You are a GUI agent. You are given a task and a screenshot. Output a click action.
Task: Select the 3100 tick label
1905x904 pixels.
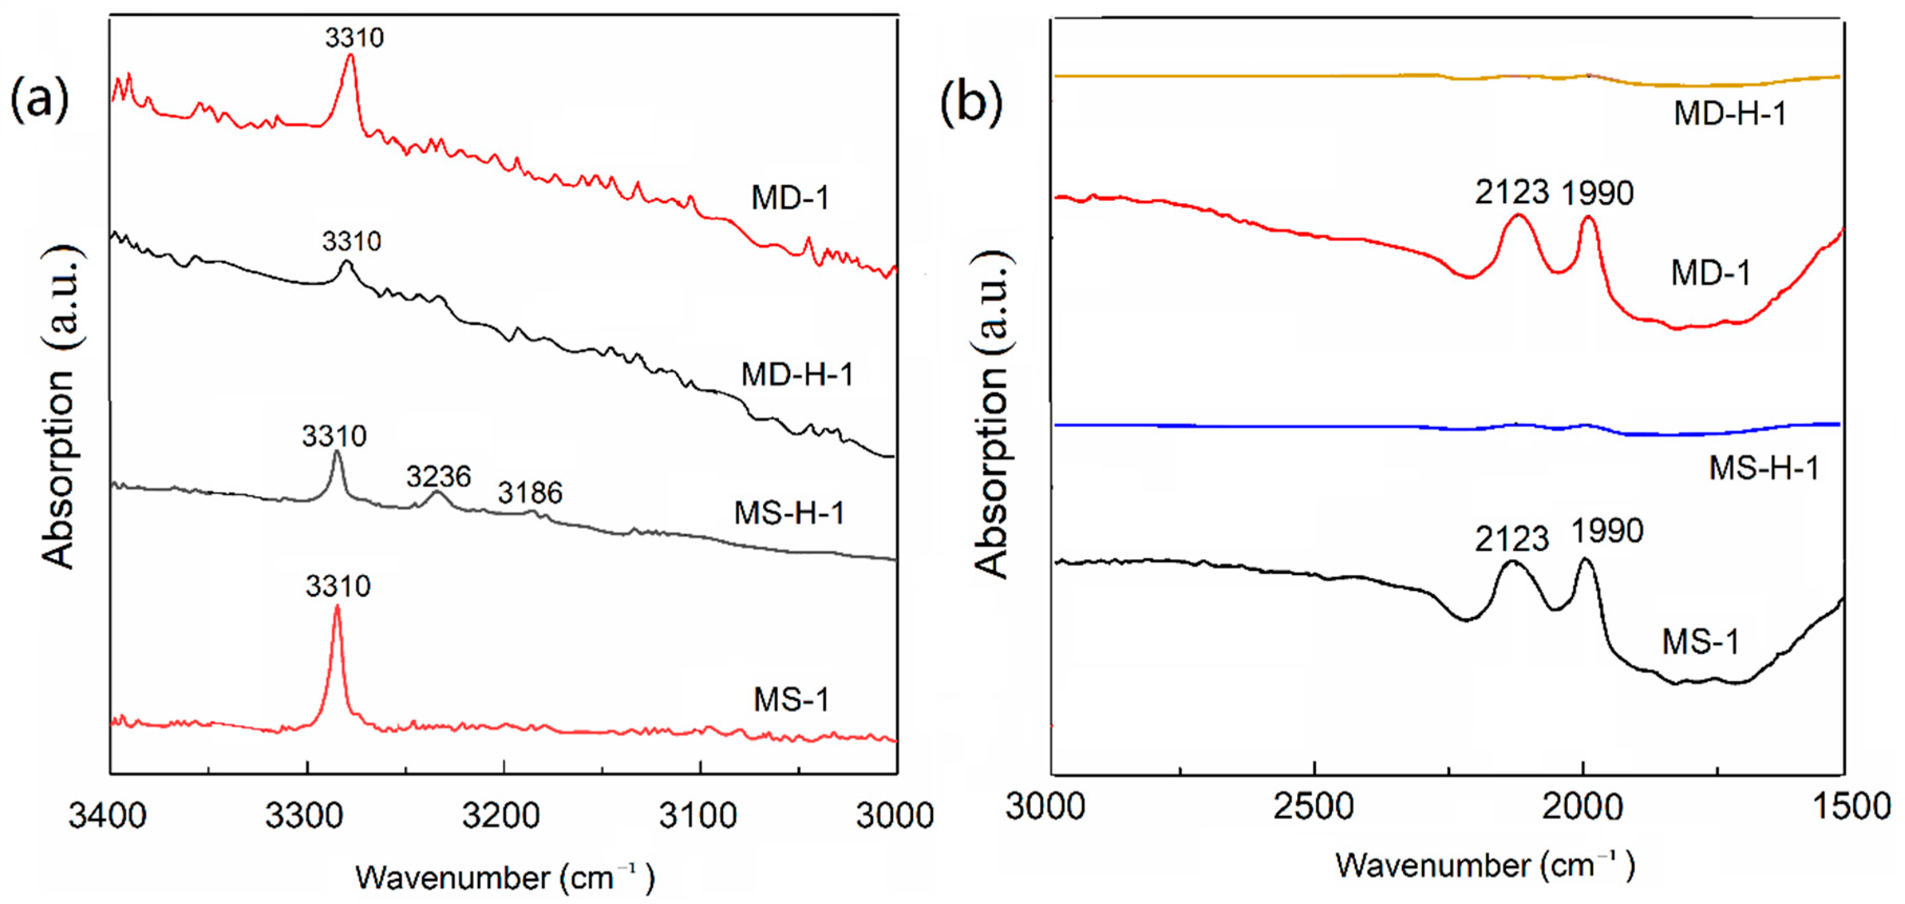(x=699, y=816)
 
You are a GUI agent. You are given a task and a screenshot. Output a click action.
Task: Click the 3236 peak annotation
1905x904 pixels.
(x=438, y=477)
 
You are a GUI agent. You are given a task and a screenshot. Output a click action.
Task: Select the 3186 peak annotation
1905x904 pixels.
(x=530, y=493)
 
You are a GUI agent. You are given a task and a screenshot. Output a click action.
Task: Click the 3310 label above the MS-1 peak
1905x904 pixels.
(x=338, y=587)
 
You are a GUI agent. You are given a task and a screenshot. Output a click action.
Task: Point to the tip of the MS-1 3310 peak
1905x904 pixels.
(x=337, y=607)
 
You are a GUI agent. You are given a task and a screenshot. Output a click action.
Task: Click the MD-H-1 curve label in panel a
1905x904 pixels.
(x=797, y=375)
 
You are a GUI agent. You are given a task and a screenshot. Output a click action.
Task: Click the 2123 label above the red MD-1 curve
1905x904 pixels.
(x=1512, y=193)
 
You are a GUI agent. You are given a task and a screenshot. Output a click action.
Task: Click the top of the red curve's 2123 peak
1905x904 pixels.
(x=1518, y=215)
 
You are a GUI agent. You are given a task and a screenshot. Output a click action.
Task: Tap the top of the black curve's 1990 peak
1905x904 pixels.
(x=1585, y=560)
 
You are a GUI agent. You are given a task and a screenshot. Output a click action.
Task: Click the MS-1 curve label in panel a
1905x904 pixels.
(x=791, y=700)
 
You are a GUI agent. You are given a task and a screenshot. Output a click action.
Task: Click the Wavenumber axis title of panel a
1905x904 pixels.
(x=505, y=878)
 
